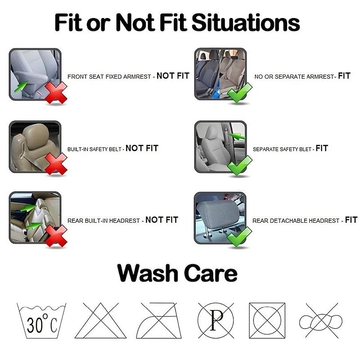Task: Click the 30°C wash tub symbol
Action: click(41, 321)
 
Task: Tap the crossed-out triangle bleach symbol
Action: click(100, 320)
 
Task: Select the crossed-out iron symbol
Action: click(159, 320)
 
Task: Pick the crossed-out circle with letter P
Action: click(216, 320)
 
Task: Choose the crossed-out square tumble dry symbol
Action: click(267, 320)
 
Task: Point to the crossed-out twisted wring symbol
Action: click(321, 321)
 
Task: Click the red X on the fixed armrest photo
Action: click(56, 93)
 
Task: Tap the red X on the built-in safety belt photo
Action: click(56, 164)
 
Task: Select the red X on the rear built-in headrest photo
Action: click(56, 236)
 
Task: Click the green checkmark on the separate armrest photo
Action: click(239, 93)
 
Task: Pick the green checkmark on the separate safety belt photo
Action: click(239, 165)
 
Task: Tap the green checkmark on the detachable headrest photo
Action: click(239, 237)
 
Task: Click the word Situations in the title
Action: click(246, 22)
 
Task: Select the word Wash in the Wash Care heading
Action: click(148, 273)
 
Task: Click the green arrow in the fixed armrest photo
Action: click(21, 86)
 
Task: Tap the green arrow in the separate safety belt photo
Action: click(237, 136)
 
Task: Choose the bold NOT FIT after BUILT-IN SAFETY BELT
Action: click(142, 148)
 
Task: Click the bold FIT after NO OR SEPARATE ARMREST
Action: click(344, 76)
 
